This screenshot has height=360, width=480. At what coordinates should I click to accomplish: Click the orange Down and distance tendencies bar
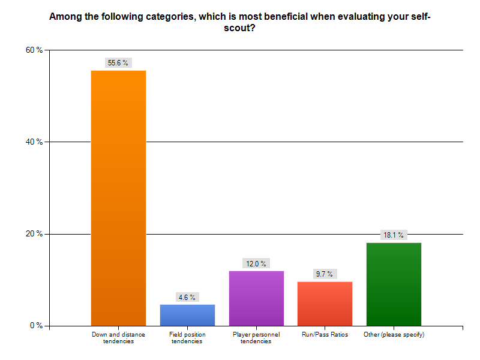pyautogui.click(x=118, y=198)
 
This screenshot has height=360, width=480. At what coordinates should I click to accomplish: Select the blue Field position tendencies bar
pyautogui.click(x=187, y=315)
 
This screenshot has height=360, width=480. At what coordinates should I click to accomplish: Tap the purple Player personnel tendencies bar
pyautogui.click(x=256, y=298)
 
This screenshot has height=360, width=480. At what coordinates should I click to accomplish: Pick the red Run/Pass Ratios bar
pyautogui.click(x=325, y=304)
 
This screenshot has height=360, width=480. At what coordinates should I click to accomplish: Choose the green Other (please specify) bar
pyautogui.click(x=394, y=284)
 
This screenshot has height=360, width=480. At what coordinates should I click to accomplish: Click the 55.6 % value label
pyautogui.click(x=118, y=62)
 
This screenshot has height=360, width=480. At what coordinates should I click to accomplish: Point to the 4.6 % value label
pyautogui.click(x=187, y=297)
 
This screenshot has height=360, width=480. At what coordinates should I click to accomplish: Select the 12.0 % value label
pyautogui.click(x=256, y=263)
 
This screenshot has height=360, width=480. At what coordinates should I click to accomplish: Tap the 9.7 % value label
pyautogui.click(x=325, y=274)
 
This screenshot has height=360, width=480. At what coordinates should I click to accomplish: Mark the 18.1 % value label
pyautogui.click(x=394, y=235)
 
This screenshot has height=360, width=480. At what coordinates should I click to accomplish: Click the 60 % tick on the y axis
pyautogui.click(x=34, y=50)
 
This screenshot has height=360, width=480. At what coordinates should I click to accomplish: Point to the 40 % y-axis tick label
pyautogui.click(x=34, y=142)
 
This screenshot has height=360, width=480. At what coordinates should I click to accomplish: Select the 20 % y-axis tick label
pyautogui.click(x=34, y=234)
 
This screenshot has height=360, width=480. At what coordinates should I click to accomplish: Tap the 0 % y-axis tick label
pyautogui.click(x=36, y=326)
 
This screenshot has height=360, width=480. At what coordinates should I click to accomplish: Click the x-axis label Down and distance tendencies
pyautogui.click(x=118, y=338)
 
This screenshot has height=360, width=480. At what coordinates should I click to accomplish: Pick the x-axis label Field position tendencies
pyautogui.click(x=187, y=338)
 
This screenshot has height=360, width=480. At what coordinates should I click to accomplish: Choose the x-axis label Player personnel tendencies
pyautogui.click(x=256, y=338)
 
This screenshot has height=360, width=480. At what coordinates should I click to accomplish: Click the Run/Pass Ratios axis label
pyautogui.click(x=325, y=335)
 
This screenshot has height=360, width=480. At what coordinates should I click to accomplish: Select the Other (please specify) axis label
pyautogui.click(x=394, y=335)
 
